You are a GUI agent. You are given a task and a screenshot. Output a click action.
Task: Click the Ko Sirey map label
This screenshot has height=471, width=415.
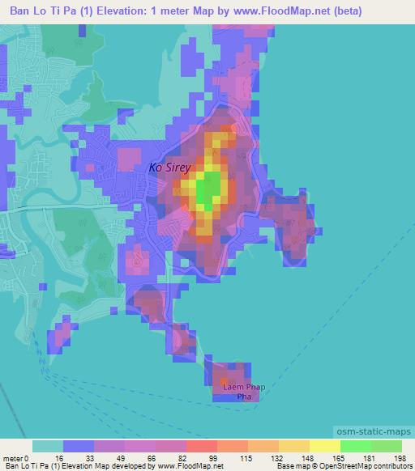coord(169,168)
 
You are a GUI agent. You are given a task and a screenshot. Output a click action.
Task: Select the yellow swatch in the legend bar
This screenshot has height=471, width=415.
coord(325,446)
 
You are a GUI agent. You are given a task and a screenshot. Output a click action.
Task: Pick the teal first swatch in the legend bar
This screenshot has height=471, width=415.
coord(48,446)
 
